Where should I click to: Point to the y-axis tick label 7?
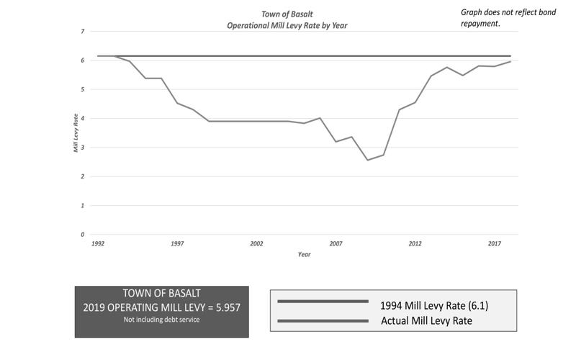pyautogui.click(x=82, y=32)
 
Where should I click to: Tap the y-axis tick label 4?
pyautogui.click(x=82, y=119)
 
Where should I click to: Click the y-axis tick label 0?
pyautogui.click(x=82, y=235)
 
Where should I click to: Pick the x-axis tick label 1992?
pyautogui.click(x=98, y=244)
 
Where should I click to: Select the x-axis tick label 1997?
pyautogui.click(x=177, y=244)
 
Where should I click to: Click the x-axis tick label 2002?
pyautogui.click(x=256, y=244)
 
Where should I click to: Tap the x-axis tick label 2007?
pyautogui.click(x=336, y=244)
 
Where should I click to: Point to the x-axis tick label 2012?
pyautogui.click(x=415, y=244)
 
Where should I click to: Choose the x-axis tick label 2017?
pyautogui.click(x=494, y=244)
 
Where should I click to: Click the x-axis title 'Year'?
pyautogui.click(x=304, y=254)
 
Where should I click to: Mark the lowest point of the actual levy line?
pyautogui.click(x=367, y=160)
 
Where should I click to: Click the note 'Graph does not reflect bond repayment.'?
pyautogui.click(x=508, y=17)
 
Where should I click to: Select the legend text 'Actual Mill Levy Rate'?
pyautogui.click(x=426, y=320)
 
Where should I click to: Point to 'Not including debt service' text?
pyautogui.click(x=161, y=319)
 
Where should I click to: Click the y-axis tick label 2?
pyautogui.click(x=82, y=177)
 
